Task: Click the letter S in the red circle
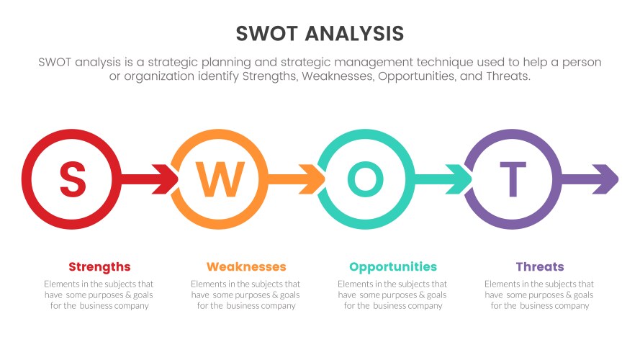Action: pyautogui.click(x=72, y=179)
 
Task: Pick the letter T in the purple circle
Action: pyautogui.click(x=513, y=179)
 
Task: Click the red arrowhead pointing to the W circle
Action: pyautogui.click(x=167, y=179)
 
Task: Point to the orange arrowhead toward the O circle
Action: pyautogui.click(x=315, y=179)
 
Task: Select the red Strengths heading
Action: pyautogui.click(x=99, y=266)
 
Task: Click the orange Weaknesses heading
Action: pyautogui.click(x=246, y=266)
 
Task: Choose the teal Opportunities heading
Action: pyautogui.click(x=393, y=266)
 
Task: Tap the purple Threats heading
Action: pyautogui.click(x=540, y=266)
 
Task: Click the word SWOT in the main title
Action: pyautogui.click(x=266, y=34)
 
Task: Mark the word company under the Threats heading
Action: pyautogui.click(x=573, y=305)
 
